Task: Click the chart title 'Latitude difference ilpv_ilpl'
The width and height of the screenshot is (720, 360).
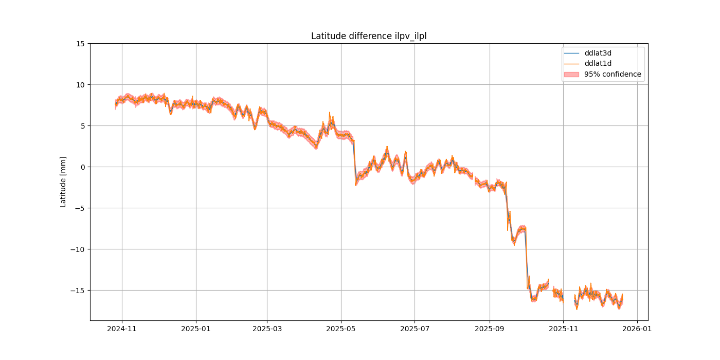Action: click(x=369, y=36)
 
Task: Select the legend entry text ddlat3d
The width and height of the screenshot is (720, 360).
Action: click(x=598, y=53)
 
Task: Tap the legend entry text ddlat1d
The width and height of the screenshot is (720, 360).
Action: click(x=598, y=63)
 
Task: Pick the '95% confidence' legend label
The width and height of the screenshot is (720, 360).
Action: click(x=613, y=74)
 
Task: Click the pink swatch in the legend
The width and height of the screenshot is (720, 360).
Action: click(x=571, y=74)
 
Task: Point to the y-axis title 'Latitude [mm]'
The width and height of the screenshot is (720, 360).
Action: click(x=63, y=182)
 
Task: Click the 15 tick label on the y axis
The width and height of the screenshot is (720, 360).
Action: click(x=81, y=44)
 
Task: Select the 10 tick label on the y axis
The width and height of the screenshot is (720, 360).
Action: click(x=81, y=85)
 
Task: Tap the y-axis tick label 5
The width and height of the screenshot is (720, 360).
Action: click(x=83, y=126)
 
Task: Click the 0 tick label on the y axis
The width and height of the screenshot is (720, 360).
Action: click(x=83, y=167)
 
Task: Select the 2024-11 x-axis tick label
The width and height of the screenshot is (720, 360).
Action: click(x=122, y=328)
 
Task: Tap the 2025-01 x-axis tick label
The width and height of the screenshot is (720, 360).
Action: click(x=196, y=328)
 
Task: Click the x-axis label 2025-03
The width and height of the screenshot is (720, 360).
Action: click(x=267, y=328)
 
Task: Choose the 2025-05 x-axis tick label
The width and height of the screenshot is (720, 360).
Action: click(x=341, y=328)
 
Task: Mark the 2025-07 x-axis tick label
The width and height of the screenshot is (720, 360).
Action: click(x=415, y=328)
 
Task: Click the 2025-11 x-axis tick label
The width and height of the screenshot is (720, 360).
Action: click(x=563, y=328)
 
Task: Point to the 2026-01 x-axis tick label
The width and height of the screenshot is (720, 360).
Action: click(x=637, y=328)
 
